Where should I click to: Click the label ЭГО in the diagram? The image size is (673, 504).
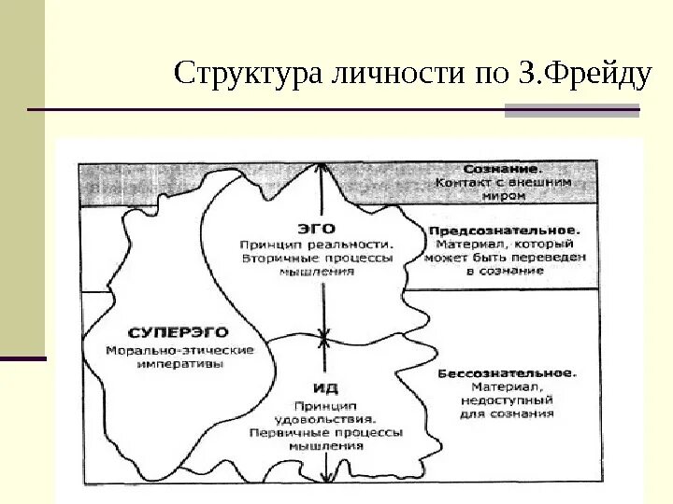tap(316, 227)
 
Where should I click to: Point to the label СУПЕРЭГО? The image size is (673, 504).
tap(178, 332)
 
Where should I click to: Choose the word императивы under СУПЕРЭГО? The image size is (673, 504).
tap(180, 364)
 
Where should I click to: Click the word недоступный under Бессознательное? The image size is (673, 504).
tap(507, 399)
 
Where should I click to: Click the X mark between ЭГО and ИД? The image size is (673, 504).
tap(324, 336)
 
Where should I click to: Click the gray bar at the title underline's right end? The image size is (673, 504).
tap(572, 111)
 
